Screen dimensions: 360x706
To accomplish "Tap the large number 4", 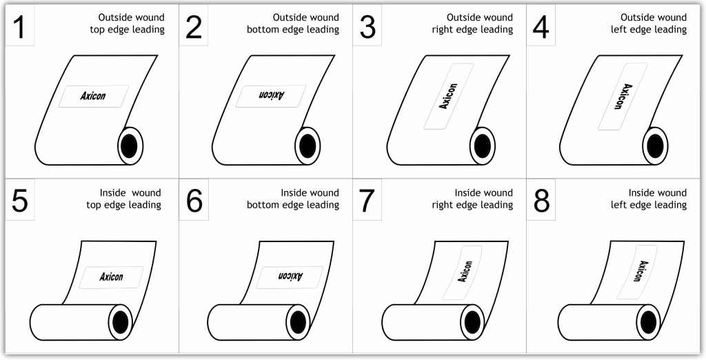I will [541, 28].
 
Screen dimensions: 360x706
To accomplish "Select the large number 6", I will [194, 202].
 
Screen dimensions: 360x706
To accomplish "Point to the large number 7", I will [367, 202].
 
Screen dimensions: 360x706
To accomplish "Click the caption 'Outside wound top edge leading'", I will [127, 23].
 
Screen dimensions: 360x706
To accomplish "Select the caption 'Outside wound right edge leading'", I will [472, 23].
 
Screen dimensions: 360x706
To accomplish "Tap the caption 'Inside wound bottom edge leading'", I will [303, 199].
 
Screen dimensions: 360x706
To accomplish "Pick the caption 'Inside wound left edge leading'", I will [649, 199].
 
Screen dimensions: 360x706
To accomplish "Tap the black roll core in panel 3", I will [483, 146].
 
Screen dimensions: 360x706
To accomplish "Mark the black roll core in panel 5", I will [121, 321].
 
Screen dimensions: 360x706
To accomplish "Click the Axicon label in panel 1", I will [93, 96].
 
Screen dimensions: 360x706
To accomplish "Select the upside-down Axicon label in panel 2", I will [270, 96].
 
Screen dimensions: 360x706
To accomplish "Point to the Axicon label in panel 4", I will [621, 97].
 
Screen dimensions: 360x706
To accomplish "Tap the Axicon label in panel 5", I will [111, 277].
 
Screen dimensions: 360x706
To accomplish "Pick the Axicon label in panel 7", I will [465, 272].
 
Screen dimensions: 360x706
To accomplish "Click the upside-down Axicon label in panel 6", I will [290, 277].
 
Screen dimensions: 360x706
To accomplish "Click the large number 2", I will [194, 28].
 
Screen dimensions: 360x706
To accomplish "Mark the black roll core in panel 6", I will [298, 321].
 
